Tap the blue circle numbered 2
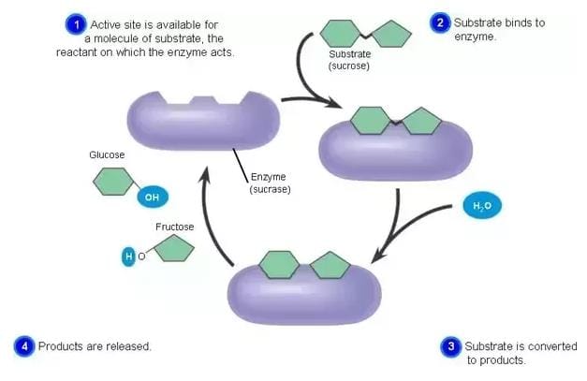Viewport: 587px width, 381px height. pos(440,22)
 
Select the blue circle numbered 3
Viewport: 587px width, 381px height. pos(451,347)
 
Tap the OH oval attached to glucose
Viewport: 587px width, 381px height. pos(152,198)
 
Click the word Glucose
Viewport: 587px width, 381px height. pos(107,154)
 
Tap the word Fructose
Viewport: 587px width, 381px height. pos(174,227)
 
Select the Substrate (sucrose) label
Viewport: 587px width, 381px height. pos(349,61)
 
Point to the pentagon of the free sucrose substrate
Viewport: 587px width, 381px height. pos(389,35)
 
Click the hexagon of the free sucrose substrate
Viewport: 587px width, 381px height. pos(342,34)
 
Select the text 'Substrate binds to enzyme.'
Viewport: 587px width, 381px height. pos(499,29)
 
